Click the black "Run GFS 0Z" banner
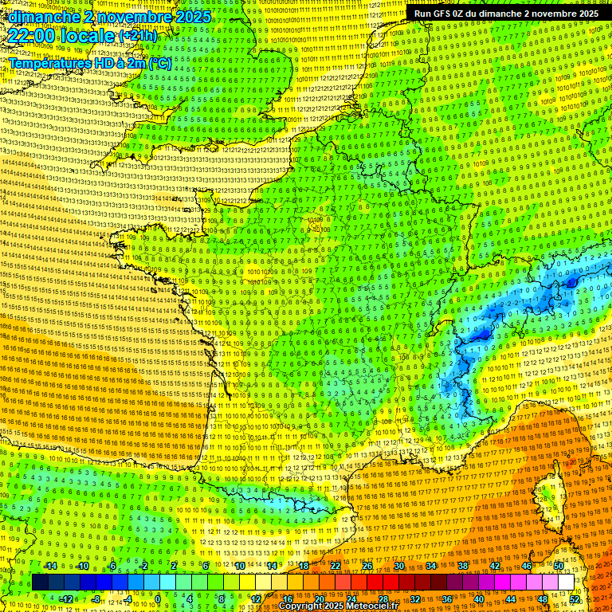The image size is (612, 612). point(506,14)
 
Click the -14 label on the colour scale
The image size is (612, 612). point(50,566)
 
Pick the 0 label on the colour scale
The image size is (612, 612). point(158,599)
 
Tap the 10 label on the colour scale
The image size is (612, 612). point(240,566)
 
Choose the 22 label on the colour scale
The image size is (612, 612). point(335,566)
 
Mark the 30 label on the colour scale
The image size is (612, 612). point(398,566)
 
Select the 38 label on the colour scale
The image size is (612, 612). point(462,566)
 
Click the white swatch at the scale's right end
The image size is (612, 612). point(566,583)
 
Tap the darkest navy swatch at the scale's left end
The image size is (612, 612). point(40,583)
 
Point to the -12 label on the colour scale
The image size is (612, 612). point(66,599)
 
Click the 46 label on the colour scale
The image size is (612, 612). point(526,566)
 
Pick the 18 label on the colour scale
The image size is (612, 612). point(304,566)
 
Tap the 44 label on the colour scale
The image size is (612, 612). point(511,599)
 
